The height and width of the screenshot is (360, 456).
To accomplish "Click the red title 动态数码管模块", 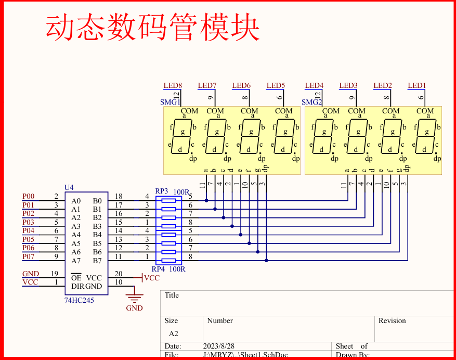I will coord(153,28).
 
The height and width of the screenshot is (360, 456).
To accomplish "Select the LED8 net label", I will coord(173,85).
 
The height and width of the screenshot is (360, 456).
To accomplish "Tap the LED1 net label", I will coord(416,85).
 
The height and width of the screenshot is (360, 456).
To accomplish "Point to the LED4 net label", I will coord(314,85).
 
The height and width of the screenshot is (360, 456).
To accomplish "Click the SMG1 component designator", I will coord(170,102).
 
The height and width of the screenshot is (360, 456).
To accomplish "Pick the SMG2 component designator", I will coord(311,102).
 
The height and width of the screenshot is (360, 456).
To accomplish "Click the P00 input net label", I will coord(29,196).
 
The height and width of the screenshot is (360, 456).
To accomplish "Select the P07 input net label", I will coord(29,256).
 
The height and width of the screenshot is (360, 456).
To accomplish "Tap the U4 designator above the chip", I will coord(69,187).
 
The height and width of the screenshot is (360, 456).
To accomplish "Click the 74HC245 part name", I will coord(79,300).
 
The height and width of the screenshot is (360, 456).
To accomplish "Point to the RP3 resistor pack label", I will coord(162,191).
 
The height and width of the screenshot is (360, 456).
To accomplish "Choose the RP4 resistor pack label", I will coord(158,269).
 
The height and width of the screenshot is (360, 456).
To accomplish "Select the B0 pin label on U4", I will coord(97,201).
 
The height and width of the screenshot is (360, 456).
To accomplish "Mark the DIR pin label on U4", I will coord(77,286).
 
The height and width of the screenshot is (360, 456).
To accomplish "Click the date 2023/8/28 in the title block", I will coord(218,346).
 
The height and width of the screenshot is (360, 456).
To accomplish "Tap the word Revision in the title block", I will coord(392,320).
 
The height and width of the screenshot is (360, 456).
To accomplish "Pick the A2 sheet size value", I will coord(173,333).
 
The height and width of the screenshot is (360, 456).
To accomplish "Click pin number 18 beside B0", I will coord(119,196).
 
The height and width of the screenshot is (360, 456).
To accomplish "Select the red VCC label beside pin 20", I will coord(151,278).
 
